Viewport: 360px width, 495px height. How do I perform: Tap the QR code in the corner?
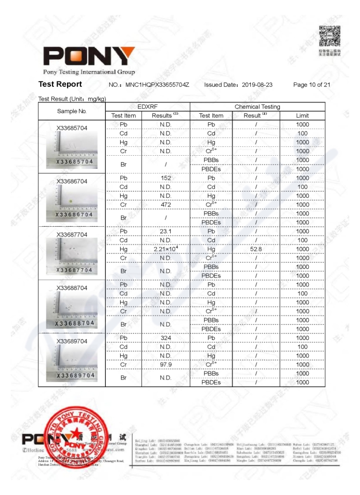click(x=329, y=36)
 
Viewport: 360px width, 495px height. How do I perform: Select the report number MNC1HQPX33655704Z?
click(x=157, y=85)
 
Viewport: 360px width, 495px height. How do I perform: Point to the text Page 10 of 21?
click(x=312, y=85)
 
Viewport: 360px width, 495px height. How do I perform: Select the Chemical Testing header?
click(x=257, y=107)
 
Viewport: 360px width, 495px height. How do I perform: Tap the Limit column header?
click(x=302, y=116)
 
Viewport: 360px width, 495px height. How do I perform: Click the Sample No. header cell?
click(x=72, y=111)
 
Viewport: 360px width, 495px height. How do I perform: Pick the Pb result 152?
click(x=166, y=178)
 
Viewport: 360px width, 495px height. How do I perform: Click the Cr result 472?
click(x=166, y=205)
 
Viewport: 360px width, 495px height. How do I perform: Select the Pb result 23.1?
click(x=166, y=231)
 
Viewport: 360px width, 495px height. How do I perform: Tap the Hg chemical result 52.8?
click(x=255, y=249)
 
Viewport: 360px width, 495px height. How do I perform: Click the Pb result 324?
click(x=166, y=338)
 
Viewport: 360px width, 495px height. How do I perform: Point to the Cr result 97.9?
click(x=166, y=364)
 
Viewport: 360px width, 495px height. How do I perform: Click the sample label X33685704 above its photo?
click(x=72, y=128)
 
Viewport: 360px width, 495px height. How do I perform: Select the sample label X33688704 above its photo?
click(x=72, y=288)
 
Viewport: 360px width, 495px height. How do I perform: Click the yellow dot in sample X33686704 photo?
click(x=70, y=201)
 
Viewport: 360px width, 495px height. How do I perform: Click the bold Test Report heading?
click(x=60, y=84)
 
